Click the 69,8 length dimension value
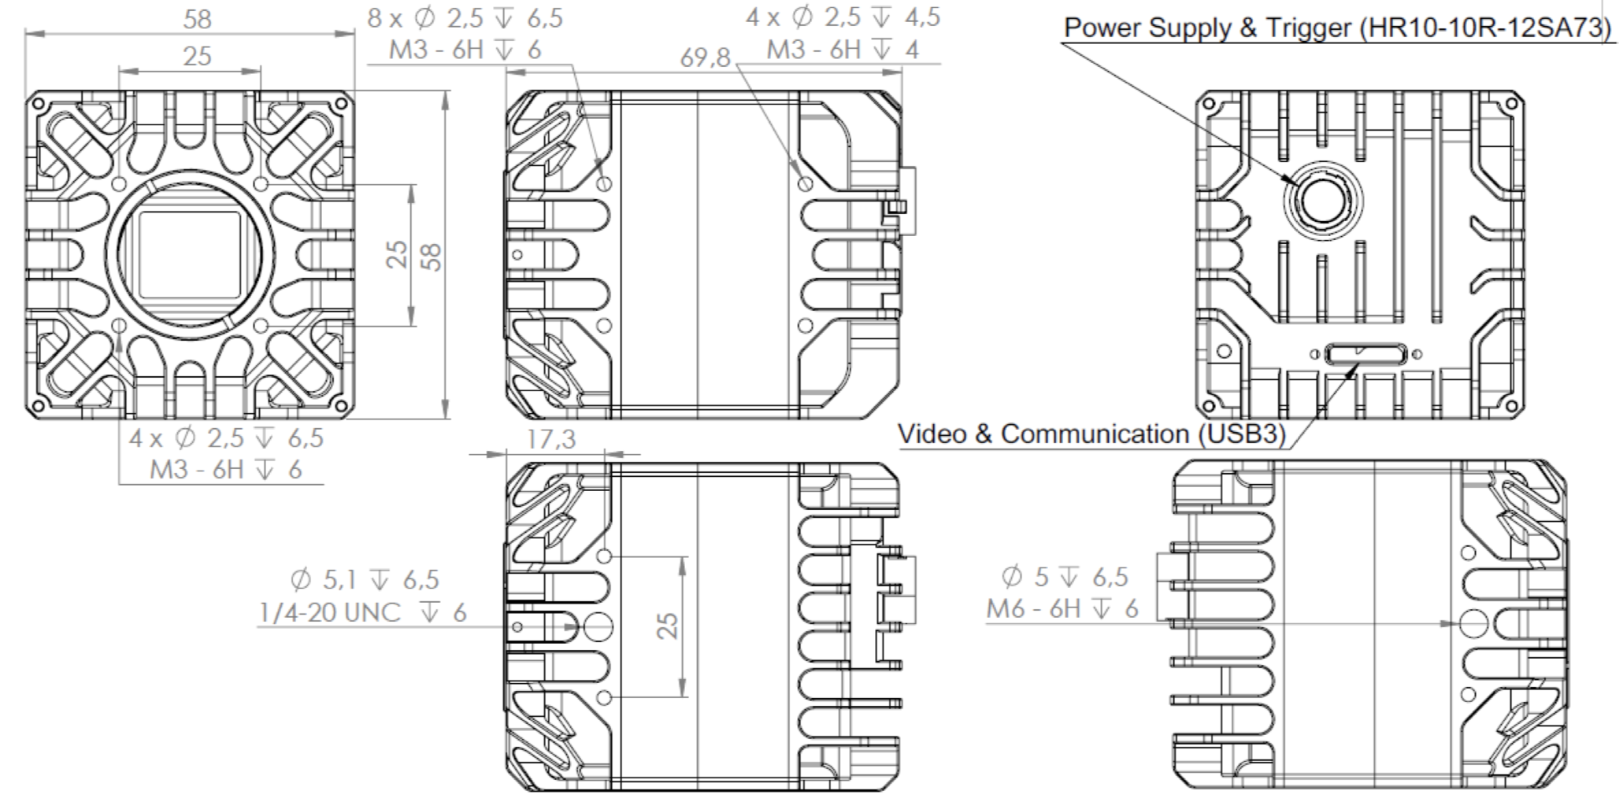point(706,58)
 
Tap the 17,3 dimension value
point(550,439)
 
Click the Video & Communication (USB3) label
point(1091,434)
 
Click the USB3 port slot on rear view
point(1365,354)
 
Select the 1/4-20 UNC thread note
point(363,612)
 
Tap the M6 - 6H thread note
point(1062,608)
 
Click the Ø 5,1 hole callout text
point(365,580)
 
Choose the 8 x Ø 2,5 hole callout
point(465,18)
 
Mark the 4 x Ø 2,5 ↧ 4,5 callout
point(843,17)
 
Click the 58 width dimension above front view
point(197,19)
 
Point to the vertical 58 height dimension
point(432,256)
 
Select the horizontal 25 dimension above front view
point(197,56)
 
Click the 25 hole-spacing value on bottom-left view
point(667,626)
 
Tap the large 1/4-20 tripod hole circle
point(596,626)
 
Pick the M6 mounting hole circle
point(1474,624)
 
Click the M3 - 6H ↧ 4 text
point(843,50)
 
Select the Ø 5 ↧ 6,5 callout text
point(1065,577)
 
